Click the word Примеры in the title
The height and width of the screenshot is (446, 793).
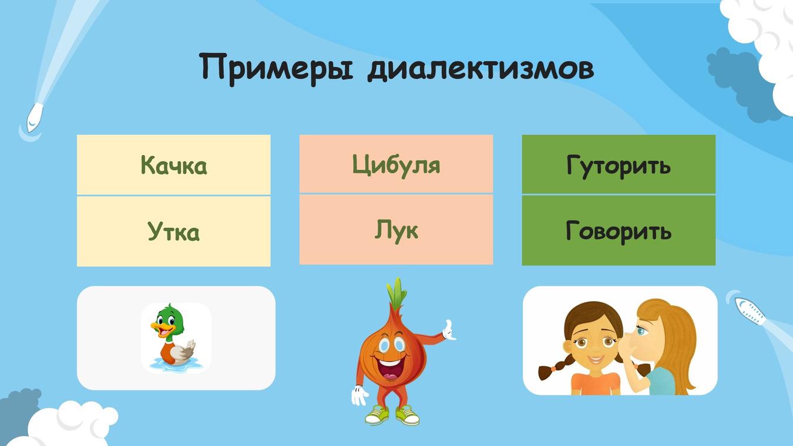276,69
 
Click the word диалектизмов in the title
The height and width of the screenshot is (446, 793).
480,68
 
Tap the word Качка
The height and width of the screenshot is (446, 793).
173,165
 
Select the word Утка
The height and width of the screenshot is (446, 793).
173,231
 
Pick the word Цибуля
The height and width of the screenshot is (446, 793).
396,165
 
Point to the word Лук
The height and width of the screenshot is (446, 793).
396,231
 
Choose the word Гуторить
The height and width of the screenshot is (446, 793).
619,165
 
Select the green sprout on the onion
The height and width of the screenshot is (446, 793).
396,293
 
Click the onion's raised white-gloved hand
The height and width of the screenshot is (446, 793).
449,330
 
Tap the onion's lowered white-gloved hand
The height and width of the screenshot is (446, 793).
359,395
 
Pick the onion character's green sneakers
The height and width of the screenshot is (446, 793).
392,415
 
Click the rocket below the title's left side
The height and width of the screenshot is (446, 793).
34,117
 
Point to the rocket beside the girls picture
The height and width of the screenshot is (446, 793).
750,311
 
